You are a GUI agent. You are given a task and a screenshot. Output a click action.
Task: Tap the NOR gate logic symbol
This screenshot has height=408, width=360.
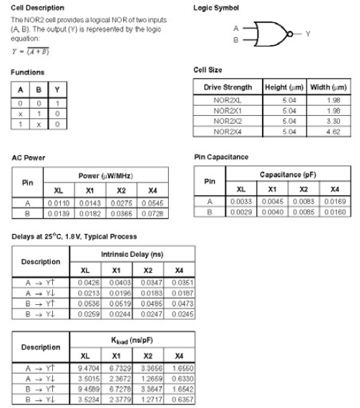click(x=264, y=33)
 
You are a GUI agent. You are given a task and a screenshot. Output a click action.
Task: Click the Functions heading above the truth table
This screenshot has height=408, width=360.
click(x=27, y=72)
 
